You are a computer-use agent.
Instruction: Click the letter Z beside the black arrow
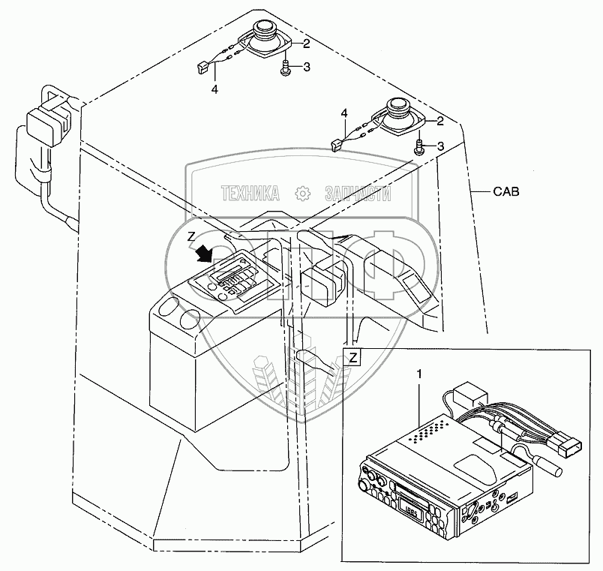pos(191,237)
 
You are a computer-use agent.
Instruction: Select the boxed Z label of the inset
pos(352,356)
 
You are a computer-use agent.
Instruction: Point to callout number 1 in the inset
pos(419,373)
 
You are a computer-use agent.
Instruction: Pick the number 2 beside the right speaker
pos(440,121)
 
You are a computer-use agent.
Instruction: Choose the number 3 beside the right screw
pos(440,146)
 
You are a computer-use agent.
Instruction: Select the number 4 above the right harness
pos(344,113)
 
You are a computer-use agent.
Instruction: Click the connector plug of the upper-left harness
pos(202,66)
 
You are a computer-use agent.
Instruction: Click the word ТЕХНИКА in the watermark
pos(251,194)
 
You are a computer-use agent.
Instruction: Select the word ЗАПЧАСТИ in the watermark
pos(358,194)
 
